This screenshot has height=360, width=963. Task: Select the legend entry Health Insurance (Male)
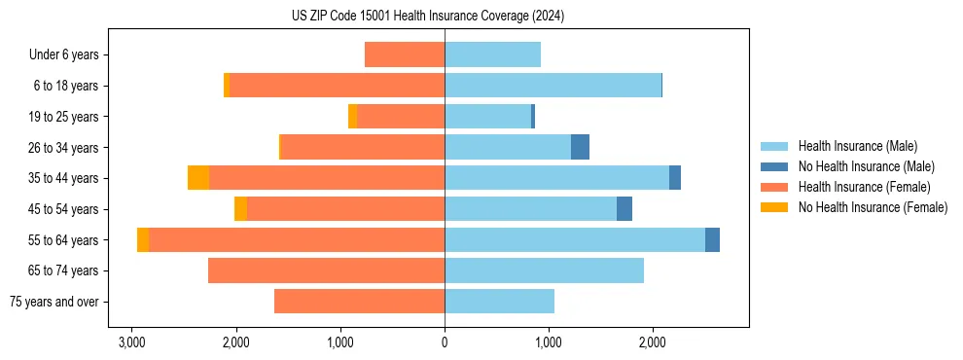856,146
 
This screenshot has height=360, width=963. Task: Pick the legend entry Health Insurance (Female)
864,187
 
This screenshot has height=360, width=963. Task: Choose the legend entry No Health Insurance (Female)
873,207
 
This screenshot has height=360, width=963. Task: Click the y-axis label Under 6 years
64,55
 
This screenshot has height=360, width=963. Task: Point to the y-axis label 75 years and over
54,302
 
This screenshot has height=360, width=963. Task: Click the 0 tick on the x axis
445,342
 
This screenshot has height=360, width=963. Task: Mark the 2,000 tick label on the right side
653,342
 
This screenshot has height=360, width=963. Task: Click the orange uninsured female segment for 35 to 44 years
198,178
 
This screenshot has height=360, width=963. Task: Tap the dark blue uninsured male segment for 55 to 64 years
712,239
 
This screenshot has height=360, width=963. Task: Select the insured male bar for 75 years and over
499,302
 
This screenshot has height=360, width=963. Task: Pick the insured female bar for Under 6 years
405,55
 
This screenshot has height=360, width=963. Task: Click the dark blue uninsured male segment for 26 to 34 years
580,147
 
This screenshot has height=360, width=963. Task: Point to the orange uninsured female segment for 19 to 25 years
352,117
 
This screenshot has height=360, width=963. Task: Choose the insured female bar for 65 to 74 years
326,270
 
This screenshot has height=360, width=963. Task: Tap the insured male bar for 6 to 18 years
553,86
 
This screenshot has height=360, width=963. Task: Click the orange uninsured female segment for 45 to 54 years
240,209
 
